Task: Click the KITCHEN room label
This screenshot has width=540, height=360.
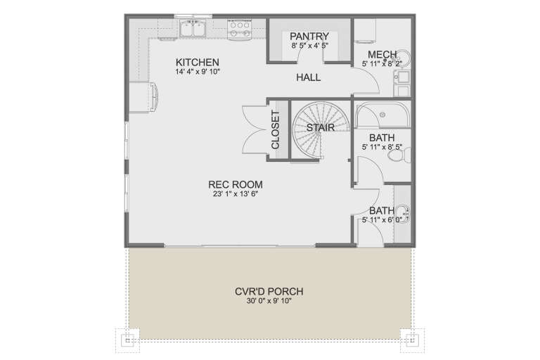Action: coord(197,62)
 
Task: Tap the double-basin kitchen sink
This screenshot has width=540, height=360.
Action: coord(191,29)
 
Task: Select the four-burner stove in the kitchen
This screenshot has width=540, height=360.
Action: coord(240,29)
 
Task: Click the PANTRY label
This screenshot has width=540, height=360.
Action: coord(309,37)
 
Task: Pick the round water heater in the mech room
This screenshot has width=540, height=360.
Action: coord(403,60)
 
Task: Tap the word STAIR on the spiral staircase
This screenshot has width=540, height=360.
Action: coord(320,128)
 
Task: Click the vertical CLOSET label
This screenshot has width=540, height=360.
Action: coord(275,129)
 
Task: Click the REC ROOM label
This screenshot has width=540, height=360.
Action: coord(231,184)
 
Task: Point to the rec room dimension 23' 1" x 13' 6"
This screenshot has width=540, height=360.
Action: coord(231,195)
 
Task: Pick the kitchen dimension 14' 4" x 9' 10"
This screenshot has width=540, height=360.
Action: coord(197,72)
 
